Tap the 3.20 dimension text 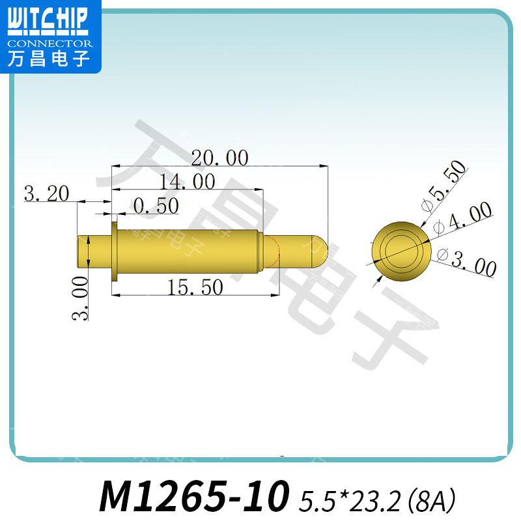[x=46, y=193]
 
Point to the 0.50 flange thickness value [x=156, y=206]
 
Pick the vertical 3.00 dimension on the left [x=79, y=298]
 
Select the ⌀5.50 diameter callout [x=445, y=186]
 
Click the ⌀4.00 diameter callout [x=462, y=218]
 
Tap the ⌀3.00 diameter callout [x=467, y=262]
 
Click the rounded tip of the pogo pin [x=319, y=252]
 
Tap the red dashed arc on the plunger [x=276, y=252]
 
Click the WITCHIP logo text [x=47, y=21]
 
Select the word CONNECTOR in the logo [x=50, y=43]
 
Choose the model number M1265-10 [x=194, y=496]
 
